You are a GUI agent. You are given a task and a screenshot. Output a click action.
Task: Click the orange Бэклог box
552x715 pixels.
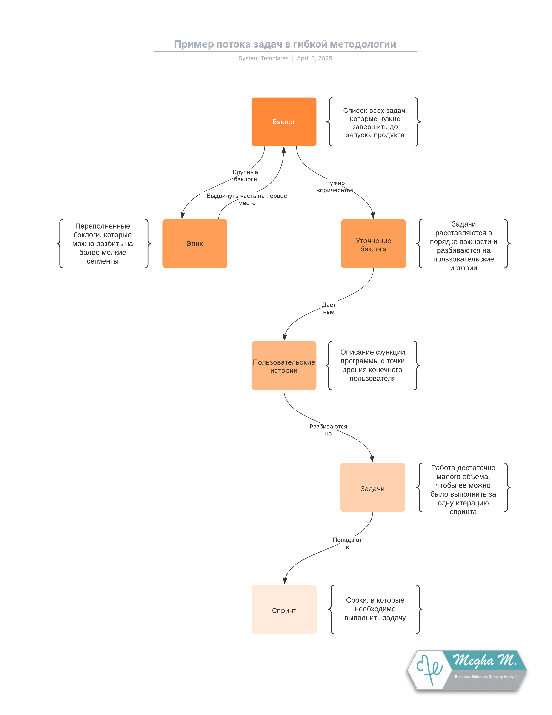click(x=284, y=122)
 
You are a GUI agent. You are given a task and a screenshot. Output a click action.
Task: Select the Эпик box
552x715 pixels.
click(x=195, y=244)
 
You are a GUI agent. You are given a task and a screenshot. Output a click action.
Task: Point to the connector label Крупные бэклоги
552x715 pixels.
click(x=245, y=176)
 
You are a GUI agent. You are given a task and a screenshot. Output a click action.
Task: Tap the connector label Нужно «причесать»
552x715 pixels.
click(x=335, y=187)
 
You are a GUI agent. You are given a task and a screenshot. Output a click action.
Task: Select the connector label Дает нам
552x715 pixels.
click(x=329, y=308)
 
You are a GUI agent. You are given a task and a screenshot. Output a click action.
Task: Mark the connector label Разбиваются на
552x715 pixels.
click(x=328, y=430)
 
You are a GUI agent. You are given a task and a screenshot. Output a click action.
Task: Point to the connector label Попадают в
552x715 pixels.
click(x=347, y=543)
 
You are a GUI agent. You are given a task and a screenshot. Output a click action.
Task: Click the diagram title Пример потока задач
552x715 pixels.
click(x=285, y=44)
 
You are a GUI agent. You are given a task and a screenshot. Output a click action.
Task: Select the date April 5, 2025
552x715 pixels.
click(x=315, y=58)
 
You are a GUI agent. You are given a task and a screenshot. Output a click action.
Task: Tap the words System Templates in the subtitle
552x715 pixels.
click(x=263, y=58)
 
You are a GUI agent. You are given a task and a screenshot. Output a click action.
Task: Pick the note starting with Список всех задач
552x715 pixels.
click(x=375, y=123)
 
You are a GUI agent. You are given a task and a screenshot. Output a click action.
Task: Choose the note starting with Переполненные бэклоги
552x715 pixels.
click(x=103, y=244)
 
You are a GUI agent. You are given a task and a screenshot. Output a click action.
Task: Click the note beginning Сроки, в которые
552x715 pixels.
click(x=375, y=609)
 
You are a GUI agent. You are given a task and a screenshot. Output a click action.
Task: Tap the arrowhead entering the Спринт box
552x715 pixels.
click(x=285, y=581)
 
